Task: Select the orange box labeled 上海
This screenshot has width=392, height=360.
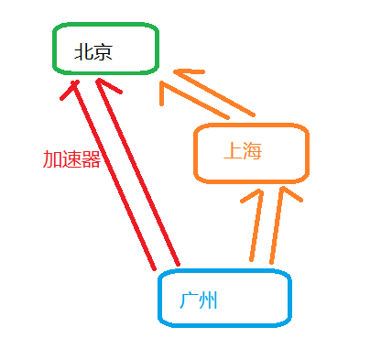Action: (251, 151)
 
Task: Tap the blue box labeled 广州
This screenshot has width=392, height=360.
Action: (224, 298)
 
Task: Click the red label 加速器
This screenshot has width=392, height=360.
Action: (71, 158)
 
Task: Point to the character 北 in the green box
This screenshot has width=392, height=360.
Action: (84, 51)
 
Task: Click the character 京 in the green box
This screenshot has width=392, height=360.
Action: (103, 51)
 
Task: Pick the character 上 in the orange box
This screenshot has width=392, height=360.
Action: (233, 151)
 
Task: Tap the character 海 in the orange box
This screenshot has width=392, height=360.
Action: (253, 151)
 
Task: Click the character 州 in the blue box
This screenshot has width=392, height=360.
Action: (209, 300)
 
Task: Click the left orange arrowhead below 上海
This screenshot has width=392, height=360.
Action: (254, 197)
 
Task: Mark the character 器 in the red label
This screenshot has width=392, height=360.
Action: (91, 158)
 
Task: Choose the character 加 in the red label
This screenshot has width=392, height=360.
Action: (52, 158)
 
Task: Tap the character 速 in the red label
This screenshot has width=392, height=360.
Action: (71, 158)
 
